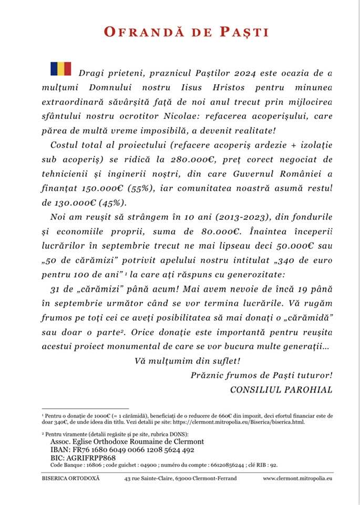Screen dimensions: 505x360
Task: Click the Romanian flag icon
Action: (60, 68)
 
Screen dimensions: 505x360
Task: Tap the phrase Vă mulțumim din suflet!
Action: (180, 361)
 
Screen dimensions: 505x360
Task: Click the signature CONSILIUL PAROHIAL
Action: (281, 389)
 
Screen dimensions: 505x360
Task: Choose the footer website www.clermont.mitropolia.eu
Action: (298, 479)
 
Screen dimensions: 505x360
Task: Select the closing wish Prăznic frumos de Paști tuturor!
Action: (261, 375)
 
